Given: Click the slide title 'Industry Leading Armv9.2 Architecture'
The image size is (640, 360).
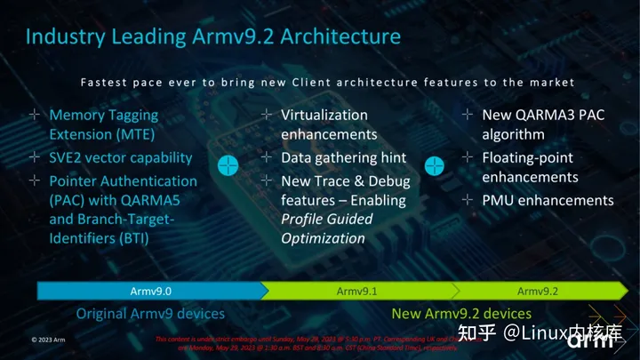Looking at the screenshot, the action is point(212,36).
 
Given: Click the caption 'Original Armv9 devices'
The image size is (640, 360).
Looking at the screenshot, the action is point(150,313).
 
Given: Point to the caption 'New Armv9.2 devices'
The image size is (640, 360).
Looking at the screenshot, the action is point(461,313).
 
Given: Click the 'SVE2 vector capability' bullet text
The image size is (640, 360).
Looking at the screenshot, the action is point(121,157).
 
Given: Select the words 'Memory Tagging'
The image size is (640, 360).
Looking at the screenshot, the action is point(103,115).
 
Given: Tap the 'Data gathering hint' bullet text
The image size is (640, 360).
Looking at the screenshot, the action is point(343,157).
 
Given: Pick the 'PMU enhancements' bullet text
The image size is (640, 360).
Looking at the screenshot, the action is point(548,200).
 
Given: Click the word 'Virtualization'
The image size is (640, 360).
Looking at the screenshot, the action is point(324,115).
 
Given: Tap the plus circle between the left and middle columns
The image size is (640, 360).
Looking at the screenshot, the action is point(228,166).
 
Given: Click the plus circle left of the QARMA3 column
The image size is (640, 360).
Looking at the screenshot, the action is point(434,166).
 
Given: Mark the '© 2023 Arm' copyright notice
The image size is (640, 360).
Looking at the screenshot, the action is point(47,340).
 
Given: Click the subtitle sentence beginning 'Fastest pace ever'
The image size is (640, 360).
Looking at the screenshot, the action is point(328,82).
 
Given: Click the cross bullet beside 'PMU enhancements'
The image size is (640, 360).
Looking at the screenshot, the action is point(468,200).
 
